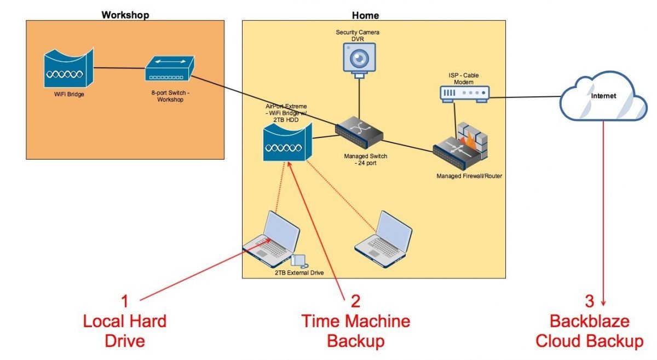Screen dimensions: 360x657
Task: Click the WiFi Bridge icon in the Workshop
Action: point(68,70)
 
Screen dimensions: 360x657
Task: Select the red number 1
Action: point(125,301)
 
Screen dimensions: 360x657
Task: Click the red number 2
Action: point(355,301)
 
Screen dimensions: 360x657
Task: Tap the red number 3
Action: point(589,301)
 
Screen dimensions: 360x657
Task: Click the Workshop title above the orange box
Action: point(125,15)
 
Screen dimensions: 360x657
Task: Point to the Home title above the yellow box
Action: point(366,15)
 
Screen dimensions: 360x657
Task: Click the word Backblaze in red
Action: point(589,321)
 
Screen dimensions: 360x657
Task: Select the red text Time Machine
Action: point(355,321)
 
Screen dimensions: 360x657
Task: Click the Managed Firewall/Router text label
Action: point(469,176)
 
